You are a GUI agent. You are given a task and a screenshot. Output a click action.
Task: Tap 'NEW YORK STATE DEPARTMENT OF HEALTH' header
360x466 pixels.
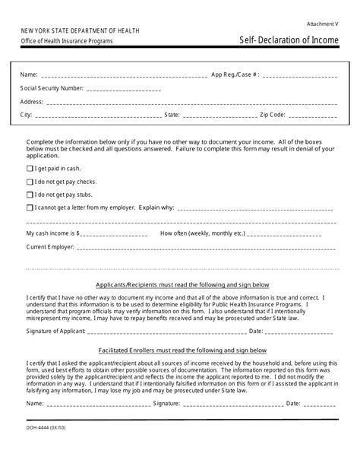[x=75, y=30]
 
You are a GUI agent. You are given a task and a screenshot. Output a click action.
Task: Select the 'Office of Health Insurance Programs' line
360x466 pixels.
[x=67, y=42]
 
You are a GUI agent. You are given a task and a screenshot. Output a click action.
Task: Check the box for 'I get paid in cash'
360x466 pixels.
[x=30, y=169]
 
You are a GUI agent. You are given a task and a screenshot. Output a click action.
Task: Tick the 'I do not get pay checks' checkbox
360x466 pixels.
[x=30, y=182]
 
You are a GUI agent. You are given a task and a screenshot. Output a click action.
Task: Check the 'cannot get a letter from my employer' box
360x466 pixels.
[x=30, y=207]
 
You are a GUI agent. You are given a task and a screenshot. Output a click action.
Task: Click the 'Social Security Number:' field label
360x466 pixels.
[x=52, y=88]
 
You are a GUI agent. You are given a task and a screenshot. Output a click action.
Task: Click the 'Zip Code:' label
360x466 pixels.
[x=273, y=115]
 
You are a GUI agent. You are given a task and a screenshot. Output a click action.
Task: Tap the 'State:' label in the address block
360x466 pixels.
[x=172, y=115]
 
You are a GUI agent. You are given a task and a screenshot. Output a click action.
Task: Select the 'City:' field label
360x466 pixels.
[x=27, y=115]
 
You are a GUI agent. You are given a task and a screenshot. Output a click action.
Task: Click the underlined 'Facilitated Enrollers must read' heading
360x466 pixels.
[x=183, y=350]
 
